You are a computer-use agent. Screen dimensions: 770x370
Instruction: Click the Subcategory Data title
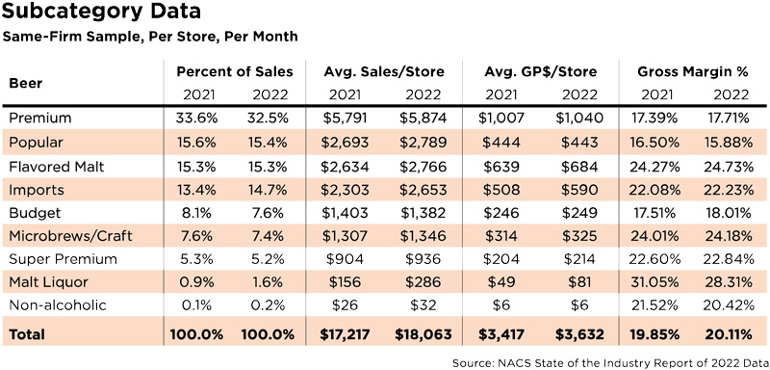[101, 11]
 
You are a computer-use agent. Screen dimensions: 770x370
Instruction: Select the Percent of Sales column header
[235, 71]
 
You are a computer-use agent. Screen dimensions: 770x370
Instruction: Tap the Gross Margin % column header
[693, 71]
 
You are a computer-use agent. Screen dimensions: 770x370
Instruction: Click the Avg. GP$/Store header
[540, 71]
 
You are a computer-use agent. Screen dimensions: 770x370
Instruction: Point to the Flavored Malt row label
[57, 167]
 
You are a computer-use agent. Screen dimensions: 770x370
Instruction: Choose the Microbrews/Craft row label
[70, 236]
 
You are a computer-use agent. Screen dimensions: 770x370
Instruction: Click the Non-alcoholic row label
[58, 305]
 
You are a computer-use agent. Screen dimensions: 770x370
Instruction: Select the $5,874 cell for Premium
[422, 119]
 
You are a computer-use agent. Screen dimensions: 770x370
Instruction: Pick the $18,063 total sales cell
[423, 335]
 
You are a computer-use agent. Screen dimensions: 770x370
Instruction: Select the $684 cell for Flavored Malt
[579, 167]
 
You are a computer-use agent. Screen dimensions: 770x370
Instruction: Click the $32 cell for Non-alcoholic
[423, 305]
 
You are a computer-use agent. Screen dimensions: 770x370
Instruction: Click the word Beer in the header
[26, 83]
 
